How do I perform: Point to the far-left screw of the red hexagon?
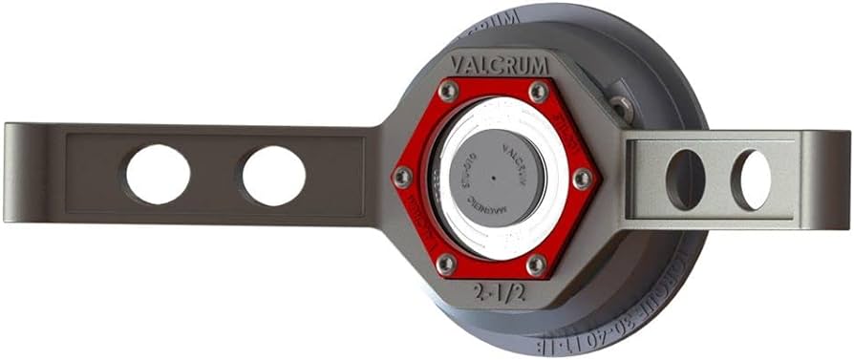pos(403,177)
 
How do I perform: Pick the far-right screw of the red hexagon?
pos(582,179)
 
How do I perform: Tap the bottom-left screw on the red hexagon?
pos(446,263)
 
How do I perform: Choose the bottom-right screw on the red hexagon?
pos(537,264)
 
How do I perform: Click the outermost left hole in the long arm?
pos(158,174)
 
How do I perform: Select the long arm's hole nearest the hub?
pos(274,176)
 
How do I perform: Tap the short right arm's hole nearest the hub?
pos(685,179)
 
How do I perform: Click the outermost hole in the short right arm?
pos(752,180)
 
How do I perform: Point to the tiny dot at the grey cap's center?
pos(493,179)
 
